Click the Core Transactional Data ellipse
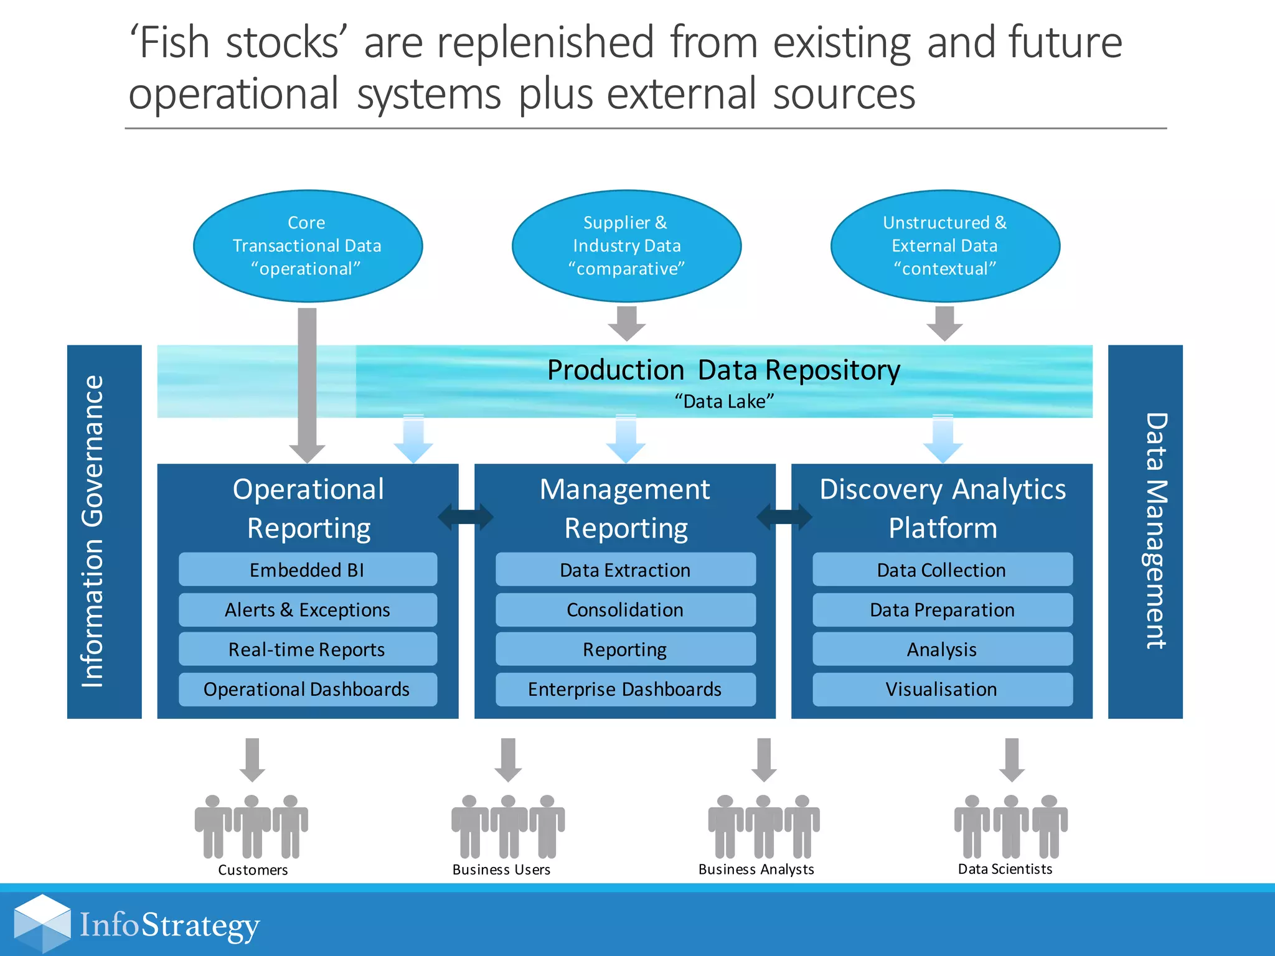click(308, 246)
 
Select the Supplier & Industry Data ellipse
click(626, 246)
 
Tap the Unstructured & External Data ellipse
click(944, 246)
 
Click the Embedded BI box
click(308, 569)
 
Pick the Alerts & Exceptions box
click(308, 609)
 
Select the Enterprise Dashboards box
click(625, 689)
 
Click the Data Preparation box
click(942, 609)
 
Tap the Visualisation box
click(942, 689)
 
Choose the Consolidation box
click(625, 609)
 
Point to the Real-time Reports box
click(308, 649)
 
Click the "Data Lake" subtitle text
click(724, 401)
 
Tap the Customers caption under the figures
click(253, 869)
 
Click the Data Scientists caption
click(1005, 869)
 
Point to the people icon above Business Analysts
click(763, 827)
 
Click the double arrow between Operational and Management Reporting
click(466, 517)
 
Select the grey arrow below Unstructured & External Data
click(944, 323)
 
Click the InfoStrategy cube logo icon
click(42, 924)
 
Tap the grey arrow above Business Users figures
click(508, 759)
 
